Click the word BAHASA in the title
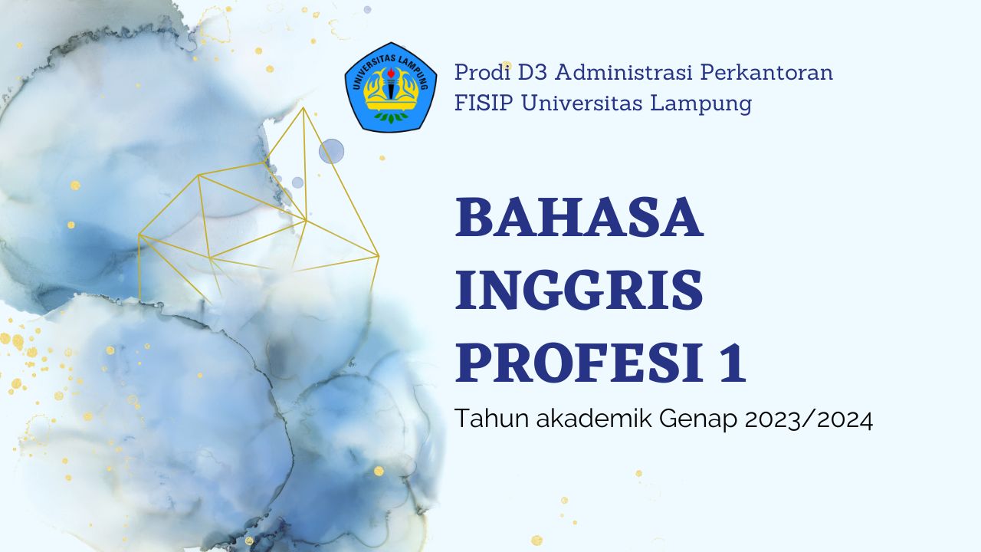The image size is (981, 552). [x=579, y=218]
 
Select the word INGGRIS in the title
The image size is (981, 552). [x=579, y=291]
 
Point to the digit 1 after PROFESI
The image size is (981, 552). [x=732, y=363]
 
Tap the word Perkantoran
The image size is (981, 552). [x=767, y=73]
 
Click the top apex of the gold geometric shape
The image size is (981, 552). [x=303, y=107]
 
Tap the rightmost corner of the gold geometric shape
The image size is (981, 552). [x=379, y=255]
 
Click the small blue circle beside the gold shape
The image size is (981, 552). [x=331, y=151]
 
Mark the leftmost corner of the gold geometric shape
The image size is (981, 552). [x=139, y=235]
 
